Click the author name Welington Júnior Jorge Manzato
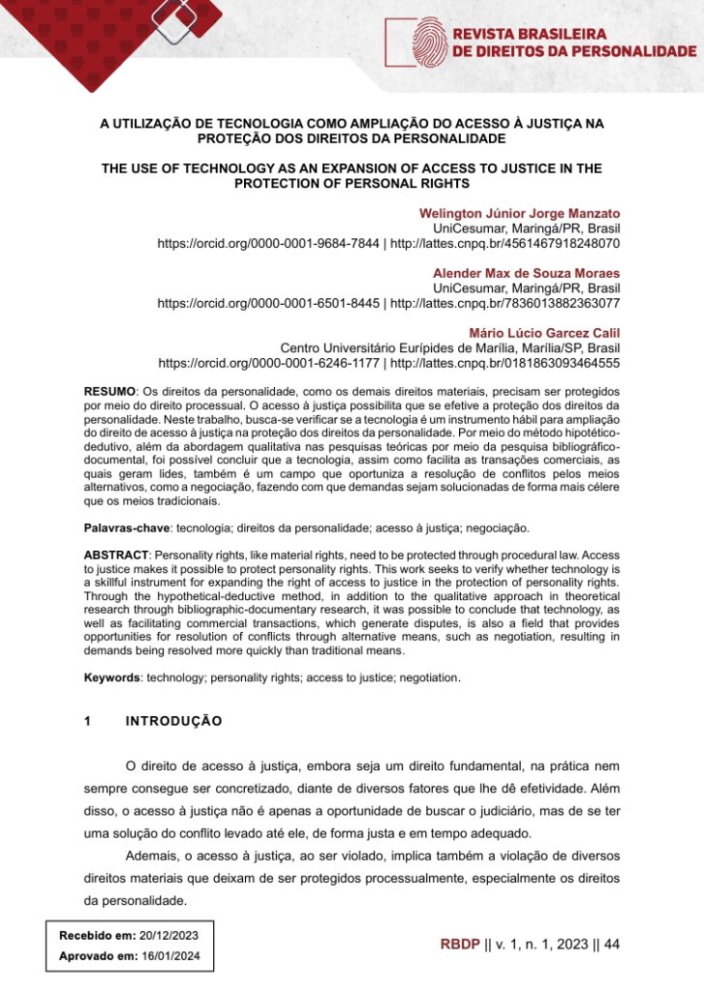[519, 213]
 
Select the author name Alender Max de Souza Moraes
[526, 273]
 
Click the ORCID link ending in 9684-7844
[268, 244]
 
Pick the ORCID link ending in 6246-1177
[268, 364]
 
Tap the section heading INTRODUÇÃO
[174, 722]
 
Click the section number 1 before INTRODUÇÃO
[88, 722]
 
